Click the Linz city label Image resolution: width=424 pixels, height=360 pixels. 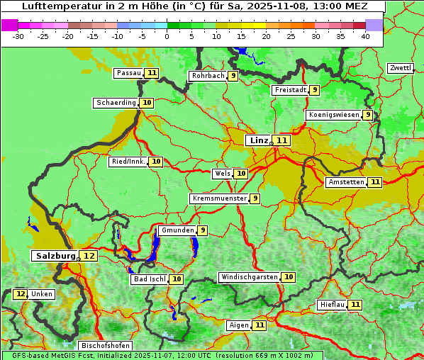pos(259,140)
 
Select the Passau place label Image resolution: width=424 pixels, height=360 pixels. pos(129,73)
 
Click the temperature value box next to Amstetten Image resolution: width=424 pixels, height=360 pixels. pos(375,182)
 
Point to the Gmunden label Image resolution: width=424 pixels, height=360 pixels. pos(177,230)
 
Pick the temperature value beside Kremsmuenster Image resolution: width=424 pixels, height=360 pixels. pos(255,198)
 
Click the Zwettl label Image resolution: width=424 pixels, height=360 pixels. pos(400,68)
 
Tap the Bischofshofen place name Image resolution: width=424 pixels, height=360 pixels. pos(105,346)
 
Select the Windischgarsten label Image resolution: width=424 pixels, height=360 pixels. pos(249,277)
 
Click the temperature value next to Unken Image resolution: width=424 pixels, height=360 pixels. pos(21,294)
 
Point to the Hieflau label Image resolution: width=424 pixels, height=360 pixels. pos(332,305)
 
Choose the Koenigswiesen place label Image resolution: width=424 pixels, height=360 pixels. pos(334,115)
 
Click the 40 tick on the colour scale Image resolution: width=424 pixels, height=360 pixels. pos(365,35)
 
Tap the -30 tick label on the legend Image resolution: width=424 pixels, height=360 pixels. pos(18,35)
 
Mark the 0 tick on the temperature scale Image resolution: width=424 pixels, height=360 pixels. pos(167,35)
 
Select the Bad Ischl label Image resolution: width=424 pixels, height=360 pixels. pos(150,279)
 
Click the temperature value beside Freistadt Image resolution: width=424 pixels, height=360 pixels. pos(314,90)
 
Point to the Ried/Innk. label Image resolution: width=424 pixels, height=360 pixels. pos(128,162)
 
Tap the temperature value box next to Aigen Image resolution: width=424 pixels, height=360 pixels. pos(260,325)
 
